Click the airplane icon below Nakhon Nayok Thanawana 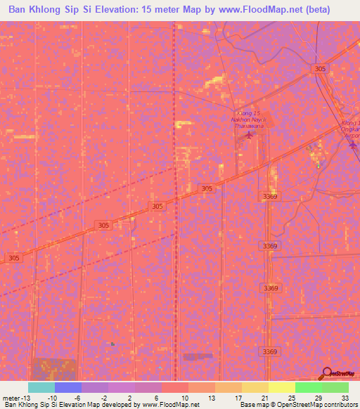click(247, 134)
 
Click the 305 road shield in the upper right click(321, 68)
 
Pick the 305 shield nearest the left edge click(14, 259)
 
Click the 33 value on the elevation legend click(344, 397)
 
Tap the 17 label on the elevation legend click(238, 397)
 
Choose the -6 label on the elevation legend click(78, 397)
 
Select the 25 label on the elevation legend click(290, 397)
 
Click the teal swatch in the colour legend click(41, 387)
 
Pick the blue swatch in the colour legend click(68, 387)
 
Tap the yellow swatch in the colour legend click(281, 387)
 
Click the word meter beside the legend click(11, 397)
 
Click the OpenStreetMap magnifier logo click(327, 373)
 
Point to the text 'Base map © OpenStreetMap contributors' click(298, 405)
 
